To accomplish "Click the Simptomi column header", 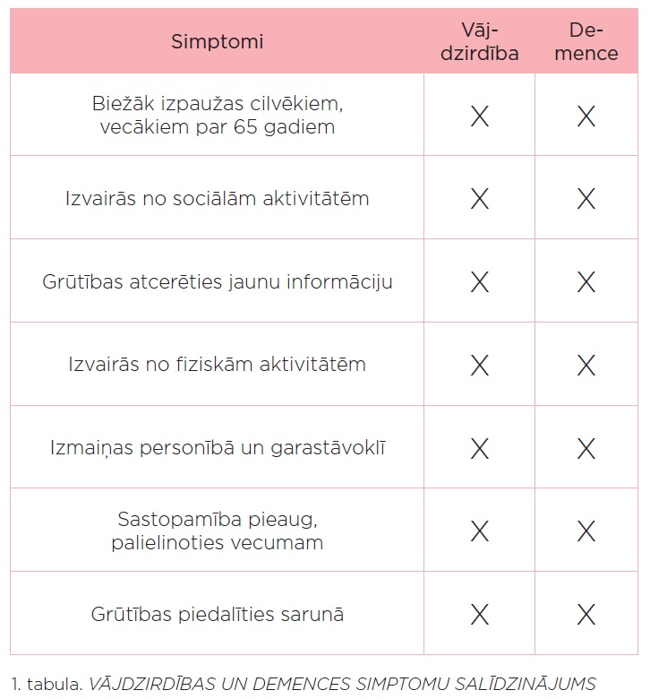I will point(218,41).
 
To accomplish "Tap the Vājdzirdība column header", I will point(480,41).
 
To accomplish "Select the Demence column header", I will point(586,41).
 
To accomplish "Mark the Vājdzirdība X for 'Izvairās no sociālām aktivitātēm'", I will point(480,199).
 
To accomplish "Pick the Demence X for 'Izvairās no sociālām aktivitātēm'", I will point(586,199).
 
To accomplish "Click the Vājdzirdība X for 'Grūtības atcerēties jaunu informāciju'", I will point(480,282).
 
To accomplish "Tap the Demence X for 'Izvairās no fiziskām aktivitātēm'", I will point(586,365).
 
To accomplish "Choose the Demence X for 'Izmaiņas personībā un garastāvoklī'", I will point(586,448).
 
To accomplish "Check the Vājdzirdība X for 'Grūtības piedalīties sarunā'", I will point(480,614).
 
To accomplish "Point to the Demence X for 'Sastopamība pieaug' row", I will point(586,531).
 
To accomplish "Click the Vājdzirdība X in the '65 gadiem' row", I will point(480,116).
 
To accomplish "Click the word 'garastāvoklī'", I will point(330,448).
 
